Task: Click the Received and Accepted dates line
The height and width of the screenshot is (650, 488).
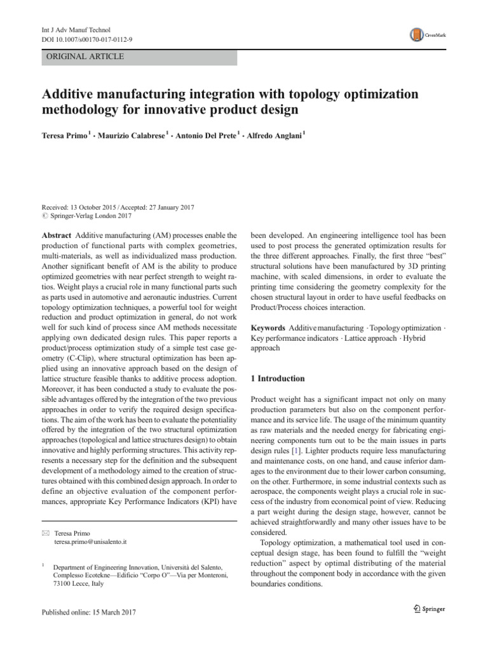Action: pyautogui.click(x=118, y=207)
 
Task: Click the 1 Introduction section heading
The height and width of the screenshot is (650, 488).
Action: pyautogui.click(x=278, y=378)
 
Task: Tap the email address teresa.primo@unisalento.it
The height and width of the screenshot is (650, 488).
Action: pyautogui.click(x=91, y=543)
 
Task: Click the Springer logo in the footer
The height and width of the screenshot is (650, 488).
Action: pyautogui.click(x=430, y=609)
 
